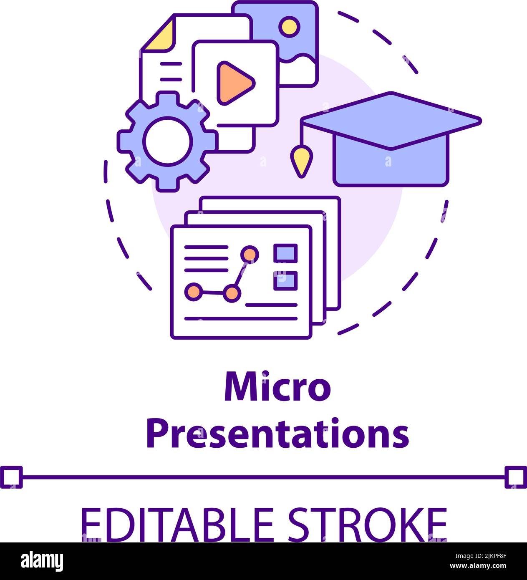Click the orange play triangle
[233, 83]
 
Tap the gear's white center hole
[168, 141]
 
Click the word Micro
[277, 388]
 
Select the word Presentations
[277, 434]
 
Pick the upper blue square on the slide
[285, 253]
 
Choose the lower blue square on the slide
[285, 280]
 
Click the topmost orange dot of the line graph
[250, 254]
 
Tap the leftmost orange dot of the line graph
[193, 291]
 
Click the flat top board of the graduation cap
[391, 119]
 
